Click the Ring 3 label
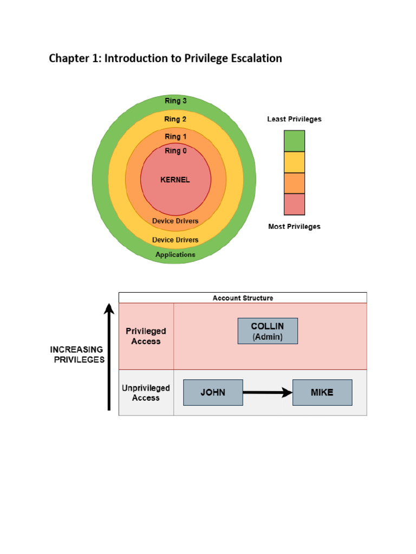click(175, 101)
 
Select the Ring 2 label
click(175, 119)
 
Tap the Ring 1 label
click(175, 137)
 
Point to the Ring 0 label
click(175, 151)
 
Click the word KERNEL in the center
click(175, 180)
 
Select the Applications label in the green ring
click(175, 254)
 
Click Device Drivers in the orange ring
click(175, 221)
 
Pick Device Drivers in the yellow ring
click(175, 240)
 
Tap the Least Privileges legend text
click(294, 119)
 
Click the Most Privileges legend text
click(294, 227)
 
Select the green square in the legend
click(294, 141)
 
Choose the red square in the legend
click(294, 205)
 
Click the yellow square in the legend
click(294, 162)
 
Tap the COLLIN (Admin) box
click(268, 331)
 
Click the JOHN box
click(213, 393)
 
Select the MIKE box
click(322, 393)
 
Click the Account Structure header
click(243, 298)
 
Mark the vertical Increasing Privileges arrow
click(109, 357)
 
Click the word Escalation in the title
click(253, 58)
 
